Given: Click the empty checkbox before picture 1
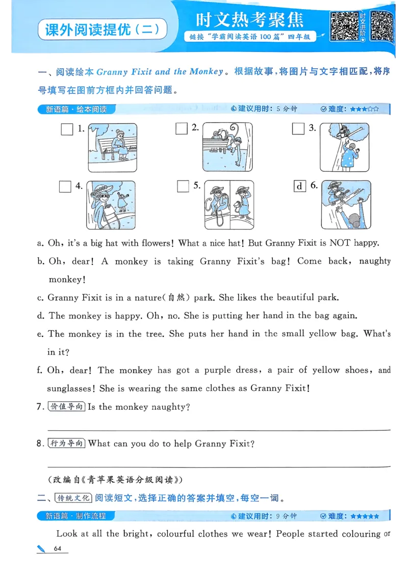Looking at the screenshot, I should (x=67, y=129).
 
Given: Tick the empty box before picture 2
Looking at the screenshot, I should (x=182, y=128).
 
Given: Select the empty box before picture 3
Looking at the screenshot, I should (x=298, y=128).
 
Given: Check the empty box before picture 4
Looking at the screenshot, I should (x=65, y=187).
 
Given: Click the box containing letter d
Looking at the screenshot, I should (x=299, y=186).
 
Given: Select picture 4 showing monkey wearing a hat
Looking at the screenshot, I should (x=111, y=204).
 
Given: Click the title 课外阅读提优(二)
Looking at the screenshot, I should (x=103, y=29).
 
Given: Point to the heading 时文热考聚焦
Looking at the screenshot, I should (x=249, y=19).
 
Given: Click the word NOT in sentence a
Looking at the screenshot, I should (x=340, y=243).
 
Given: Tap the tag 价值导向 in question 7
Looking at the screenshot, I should (x=66, y=407).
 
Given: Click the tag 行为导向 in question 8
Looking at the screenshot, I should (x=66, y=443).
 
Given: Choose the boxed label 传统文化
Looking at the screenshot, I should (x=73, y=498).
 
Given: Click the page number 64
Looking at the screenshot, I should (x=57, y=548).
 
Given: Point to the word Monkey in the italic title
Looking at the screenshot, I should (x=206, y=72).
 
